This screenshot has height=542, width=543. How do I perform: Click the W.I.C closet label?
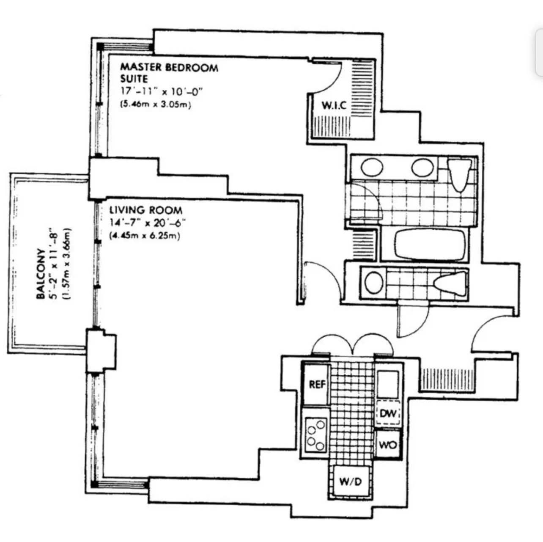(334, 105)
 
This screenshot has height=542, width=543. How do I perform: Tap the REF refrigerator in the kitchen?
(317, 384)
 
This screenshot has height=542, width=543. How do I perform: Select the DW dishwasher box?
(388, 413)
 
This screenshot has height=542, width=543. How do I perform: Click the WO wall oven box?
(388, 445)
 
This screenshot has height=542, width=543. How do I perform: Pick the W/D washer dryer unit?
(350, 481)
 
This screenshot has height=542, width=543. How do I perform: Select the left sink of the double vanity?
(372, 167)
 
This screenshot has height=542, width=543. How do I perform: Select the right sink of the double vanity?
(422, 167)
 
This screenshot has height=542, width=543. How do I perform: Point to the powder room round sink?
(374, 283)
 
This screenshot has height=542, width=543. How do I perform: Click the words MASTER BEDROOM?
(169, 67)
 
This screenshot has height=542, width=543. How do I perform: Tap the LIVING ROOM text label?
(146, 210)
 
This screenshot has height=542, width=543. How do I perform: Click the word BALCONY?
(41, 273)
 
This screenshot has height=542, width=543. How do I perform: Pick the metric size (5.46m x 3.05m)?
(156, 105)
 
